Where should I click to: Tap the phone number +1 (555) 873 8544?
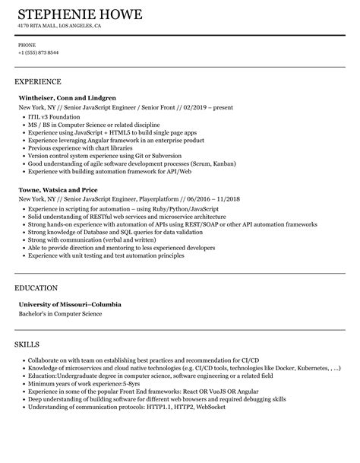(x=38, y=52)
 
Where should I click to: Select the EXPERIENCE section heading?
(x=38, y=81)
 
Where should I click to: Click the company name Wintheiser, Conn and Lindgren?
(x=68, y=98)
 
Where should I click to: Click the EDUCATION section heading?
(x=36, y=288)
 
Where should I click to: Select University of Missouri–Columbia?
(x=70, y=305)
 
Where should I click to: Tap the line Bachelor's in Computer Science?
(x=60, y=313)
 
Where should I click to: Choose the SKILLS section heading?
(x=27, y=344)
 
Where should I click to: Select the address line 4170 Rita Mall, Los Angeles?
(x=59, y=25)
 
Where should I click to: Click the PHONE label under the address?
(x=27, y=45)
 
